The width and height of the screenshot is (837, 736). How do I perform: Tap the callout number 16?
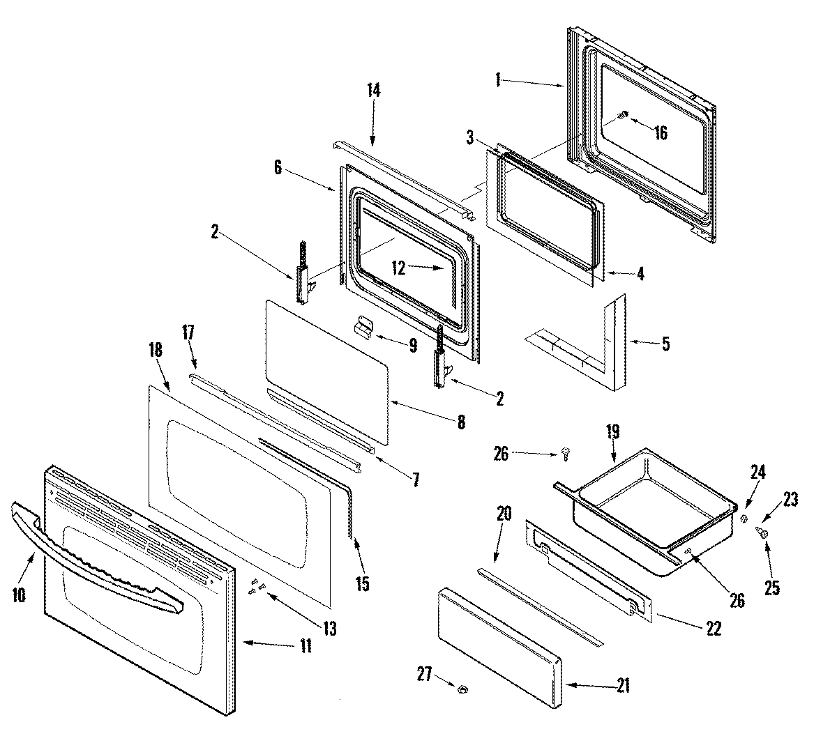[x=660, y=132]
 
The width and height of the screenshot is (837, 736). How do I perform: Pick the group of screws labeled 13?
[x=256, y=587]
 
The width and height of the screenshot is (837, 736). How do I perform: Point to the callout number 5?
[x=665, y=344]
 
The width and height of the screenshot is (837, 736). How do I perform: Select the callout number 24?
[x=758, y=473]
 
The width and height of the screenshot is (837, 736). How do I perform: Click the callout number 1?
[x=498, y=81]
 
